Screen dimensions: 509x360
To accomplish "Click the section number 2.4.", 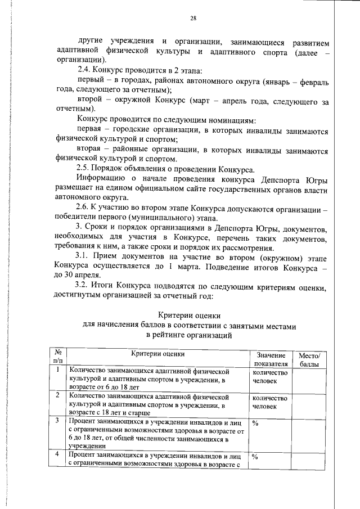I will (x=85, y=71).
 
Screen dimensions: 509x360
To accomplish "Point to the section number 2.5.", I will (x=85, y=169).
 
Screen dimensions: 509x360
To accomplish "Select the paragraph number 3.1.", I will (x=85, y=257).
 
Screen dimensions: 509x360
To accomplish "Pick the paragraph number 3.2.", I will (x=85, y=286).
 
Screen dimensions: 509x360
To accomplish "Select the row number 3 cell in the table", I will (x=58, y=421).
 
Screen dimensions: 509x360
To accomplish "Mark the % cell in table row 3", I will (x=255, y=422).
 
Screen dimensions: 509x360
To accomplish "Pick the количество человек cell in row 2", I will (x=271, y=402).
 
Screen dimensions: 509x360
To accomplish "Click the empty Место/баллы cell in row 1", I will (x=309, y=380).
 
